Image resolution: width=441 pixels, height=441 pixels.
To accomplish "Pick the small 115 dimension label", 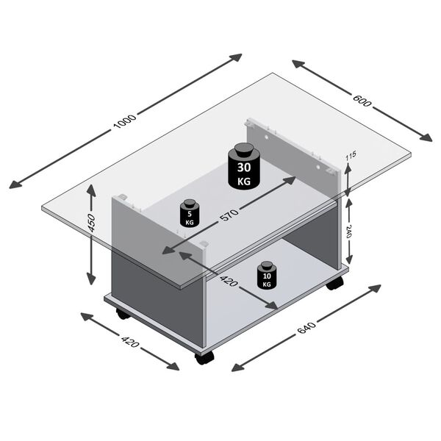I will click(351, 157).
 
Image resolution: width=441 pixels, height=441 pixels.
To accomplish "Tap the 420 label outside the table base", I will click(129, 340).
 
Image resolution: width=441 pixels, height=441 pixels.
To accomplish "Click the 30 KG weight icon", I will click(243, 166).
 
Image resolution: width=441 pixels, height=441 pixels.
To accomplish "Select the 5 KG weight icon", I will click(190, 213).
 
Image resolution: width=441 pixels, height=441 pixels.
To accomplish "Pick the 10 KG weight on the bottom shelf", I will click(265, 275).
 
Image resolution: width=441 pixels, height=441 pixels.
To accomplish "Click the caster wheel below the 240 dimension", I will click(335, 282).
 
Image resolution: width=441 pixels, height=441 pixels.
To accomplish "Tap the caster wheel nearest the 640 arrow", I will click(204, 357).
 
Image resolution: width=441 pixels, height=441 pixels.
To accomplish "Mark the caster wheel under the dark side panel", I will click(122, 314).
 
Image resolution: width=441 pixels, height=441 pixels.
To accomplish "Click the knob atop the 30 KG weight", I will click(243, 148).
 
